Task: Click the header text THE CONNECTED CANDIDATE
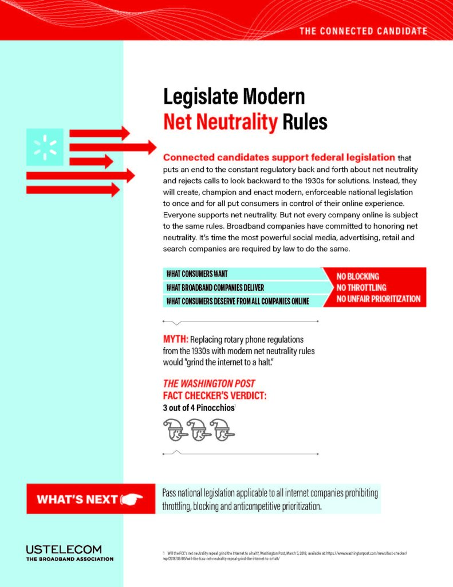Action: click(x=363, y=30)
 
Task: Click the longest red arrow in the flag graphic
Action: click(x=112, y=147)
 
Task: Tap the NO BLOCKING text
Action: click(x=357, y=276)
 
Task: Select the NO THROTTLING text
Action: click(x=361, y=287)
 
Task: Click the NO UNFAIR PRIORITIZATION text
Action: click(x=378, y=299)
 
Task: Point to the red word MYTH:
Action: click(x=175, y=339)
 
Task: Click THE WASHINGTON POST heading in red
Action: click(x=209, y=383)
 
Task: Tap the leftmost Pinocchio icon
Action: click(x=175, y=429)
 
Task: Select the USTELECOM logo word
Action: click(x=64, y=549)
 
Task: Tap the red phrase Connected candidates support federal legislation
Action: click(x=279, y=157)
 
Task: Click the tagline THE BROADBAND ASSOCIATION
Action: click(x=69, y=559)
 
